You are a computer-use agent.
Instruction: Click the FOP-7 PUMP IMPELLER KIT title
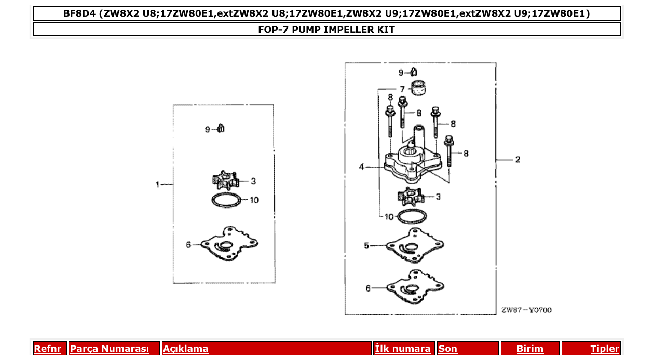pos(326,30)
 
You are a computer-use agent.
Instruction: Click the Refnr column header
pos(47,349)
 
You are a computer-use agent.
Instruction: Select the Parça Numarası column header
pos(110,349)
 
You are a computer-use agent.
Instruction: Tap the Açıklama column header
pos(186,349)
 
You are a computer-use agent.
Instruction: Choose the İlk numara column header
pos(403,349)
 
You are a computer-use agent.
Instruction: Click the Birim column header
pos(530,349)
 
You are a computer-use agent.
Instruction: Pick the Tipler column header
pos(604,349)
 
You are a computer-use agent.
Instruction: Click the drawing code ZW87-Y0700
pos(526,310)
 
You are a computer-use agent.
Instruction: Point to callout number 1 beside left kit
pos(158,184)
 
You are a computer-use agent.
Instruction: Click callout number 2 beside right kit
pos(517,160)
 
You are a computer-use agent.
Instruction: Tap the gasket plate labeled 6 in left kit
pos(228,244)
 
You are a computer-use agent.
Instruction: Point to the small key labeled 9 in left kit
pos(221,128)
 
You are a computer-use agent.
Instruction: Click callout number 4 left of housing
pos(362,167)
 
